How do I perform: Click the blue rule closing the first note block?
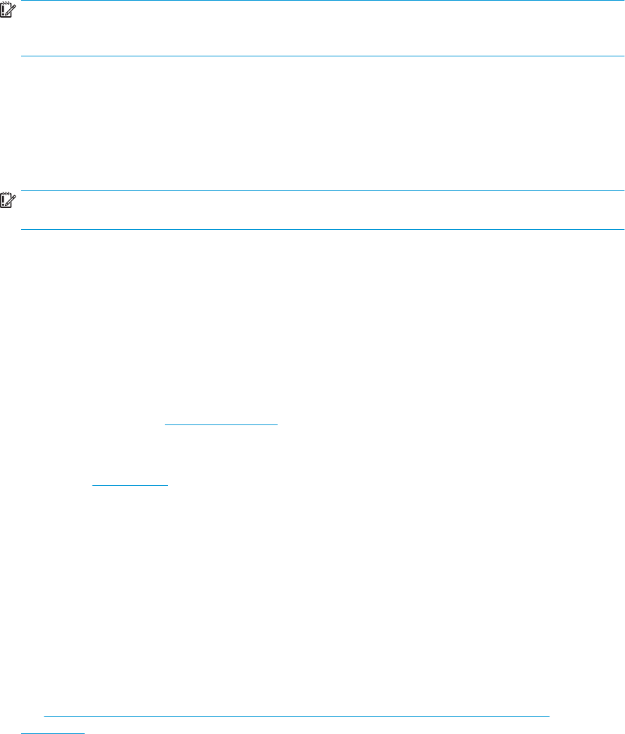[x=317, y=56]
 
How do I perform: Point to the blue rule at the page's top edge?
[x=317, y=1]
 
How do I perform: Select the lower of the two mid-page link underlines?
[x=131, y=485]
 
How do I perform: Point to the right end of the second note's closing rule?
[x=624, y=229]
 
